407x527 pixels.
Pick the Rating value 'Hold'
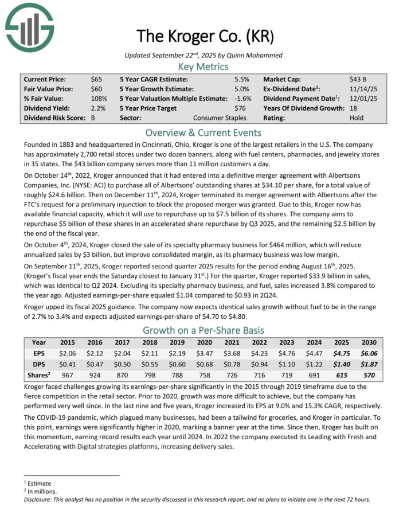pyautogui.click(x=356, y=118)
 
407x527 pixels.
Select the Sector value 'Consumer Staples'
pyautogui.click(x=220, y=118)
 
